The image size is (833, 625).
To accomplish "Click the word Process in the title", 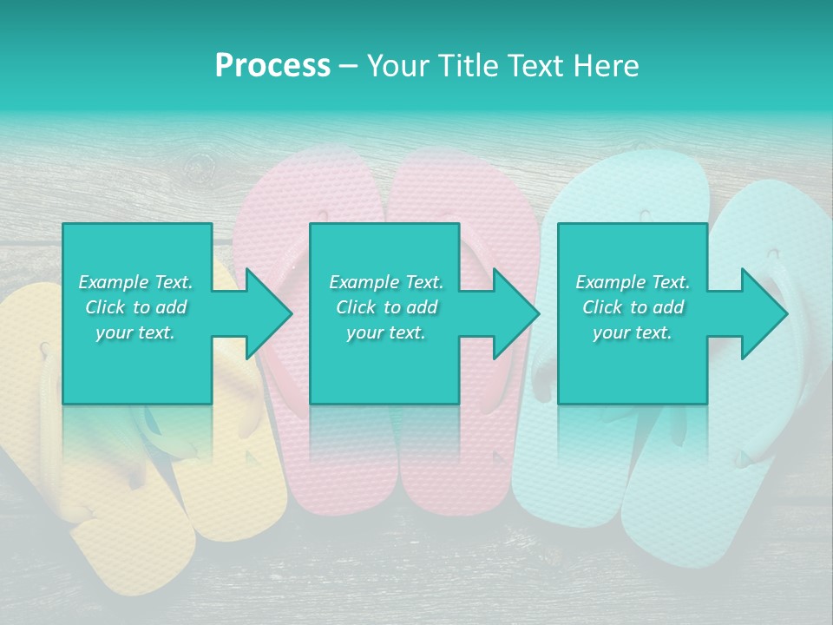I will (272, 66).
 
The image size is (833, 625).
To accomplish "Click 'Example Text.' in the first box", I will (136, 282).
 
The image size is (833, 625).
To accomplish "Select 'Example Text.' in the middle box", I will (386, 282).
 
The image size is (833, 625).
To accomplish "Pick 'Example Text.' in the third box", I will (633, 282).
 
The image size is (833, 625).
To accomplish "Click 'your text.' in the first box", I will (136, 333).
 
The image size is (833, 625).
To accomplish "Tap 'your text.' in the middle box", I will (386, 333).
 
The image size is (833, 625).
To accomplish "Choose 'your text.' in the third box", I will (633, 333).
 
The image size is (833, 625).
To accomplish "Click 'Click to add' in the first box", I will (136, 307).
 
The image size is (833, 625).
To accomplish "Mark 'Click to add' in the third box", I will (633, 307).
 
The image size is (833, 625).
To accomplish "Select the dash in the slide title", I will (349, 66).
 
